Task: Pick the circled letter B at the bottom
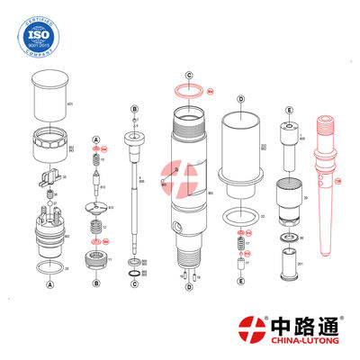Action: click(94, 283)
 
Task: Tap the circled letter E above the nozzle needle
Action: click(288, 110)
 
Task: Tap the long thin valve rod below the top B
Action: click(135, 198)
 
